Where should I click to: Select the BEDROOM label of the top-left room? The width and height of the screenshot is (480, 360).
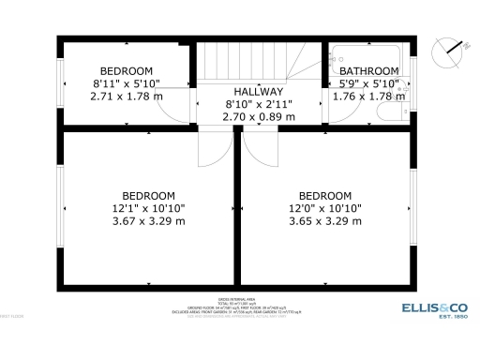[x=127, y=70]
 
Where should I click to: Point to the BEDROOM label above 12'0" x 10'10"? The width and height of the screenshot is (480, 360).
[x=324, y=195]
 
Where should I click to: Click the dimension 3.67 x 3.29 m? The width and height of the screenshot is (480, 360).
[x=149, y=221]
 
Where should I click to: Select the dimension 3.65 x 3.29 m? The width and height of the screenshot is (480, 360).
[x=324, y=221]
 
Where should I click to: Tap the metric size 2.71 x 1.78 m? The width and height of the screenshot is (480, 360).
[x=127, y=96]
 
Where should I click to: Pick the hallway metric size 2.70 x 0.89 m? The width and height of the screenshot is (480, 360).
[x=258, y=117]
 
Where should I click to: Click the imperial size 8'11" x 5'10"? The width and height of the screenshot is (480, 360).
[x=127, y=83]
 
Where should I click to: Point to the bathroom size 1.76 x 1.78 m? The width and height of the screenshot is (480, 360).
[x=367, y=96]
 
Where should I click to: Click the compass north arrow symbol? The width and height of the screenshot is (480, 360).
[x=448, y=46]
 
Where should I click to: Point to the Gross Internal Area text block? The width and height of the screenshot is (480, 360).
[x=239, y=306]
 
